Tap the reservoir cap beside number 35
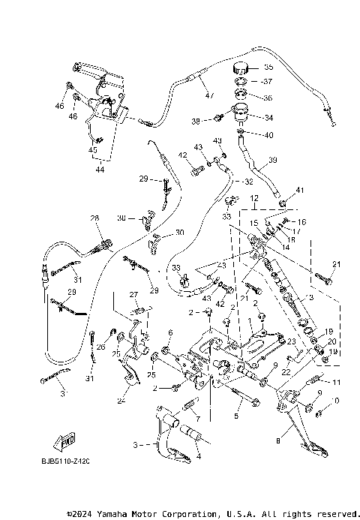coord(241,65)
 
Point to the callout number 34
coord(269,118)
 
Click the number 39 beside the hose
coord(273,160)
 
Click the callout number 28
coord(94,218)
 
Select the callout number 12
coord(253,199)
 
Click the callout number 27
coord(134,294)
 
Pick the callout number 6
coord(170,332)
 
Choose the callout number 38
coord(196,121)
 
